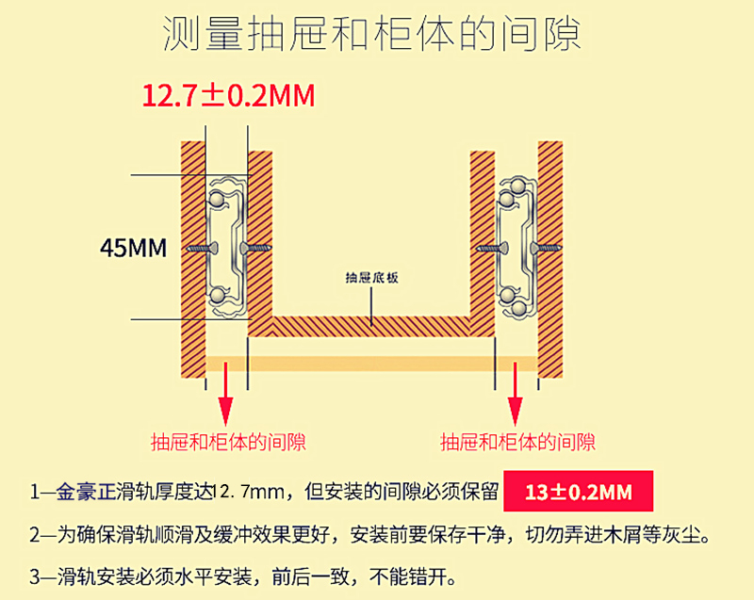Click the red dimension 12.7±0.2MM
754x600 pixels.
[227, 96]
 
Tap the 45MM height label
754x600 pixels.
[133, 249]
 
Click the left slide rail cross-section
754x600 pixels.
[226, 247]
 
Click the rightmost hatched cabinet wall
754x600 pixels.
[550, 254]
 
